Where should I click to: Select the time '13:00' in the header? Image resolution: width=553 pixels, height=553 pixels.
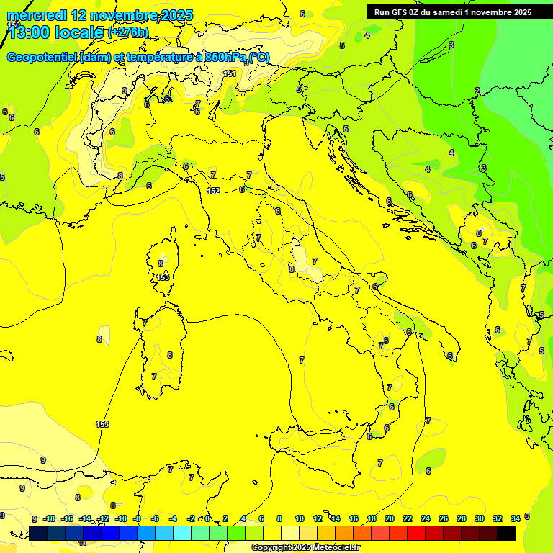click(32, 32)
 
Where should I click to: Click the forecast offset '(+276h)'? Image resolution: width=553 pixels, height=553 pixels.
click(128, 32)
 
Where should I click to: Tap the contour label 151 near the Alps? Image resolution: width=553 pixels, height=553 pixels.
click(230, 73)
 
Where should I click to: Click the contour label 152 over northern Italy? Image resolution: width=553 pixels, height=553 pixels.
click(213, 191)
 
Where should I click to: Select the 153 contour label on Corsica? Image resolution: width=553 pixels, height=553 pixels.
click(163, 276)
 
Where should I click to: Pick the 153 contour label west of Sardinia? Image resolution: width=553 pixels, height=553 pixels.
click(102, 424)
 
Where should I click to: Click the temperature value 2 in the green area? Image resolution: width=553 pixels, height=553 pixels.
click(477, 91)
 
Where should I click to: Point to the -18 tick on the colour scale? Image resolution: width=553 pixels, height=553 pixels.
click(50, 518)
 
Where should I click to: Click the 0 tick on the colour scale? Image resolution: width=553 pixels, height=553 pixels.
click(207, 518)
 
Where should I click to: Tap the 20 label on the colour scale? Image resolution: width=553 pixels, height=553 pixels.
click(390, 518)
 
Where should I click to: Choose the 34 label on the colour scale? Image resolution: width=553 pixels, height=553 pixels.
click(516, 518)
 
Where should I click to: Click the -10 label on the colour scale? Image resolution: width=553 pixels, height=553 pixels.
click(121, 518)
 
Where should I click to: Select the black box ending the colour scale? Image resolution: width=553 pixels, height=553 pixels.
click(506, 533)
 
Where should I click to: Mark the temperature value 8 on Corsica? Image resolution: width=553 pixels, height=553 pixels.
click(161, 264)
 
